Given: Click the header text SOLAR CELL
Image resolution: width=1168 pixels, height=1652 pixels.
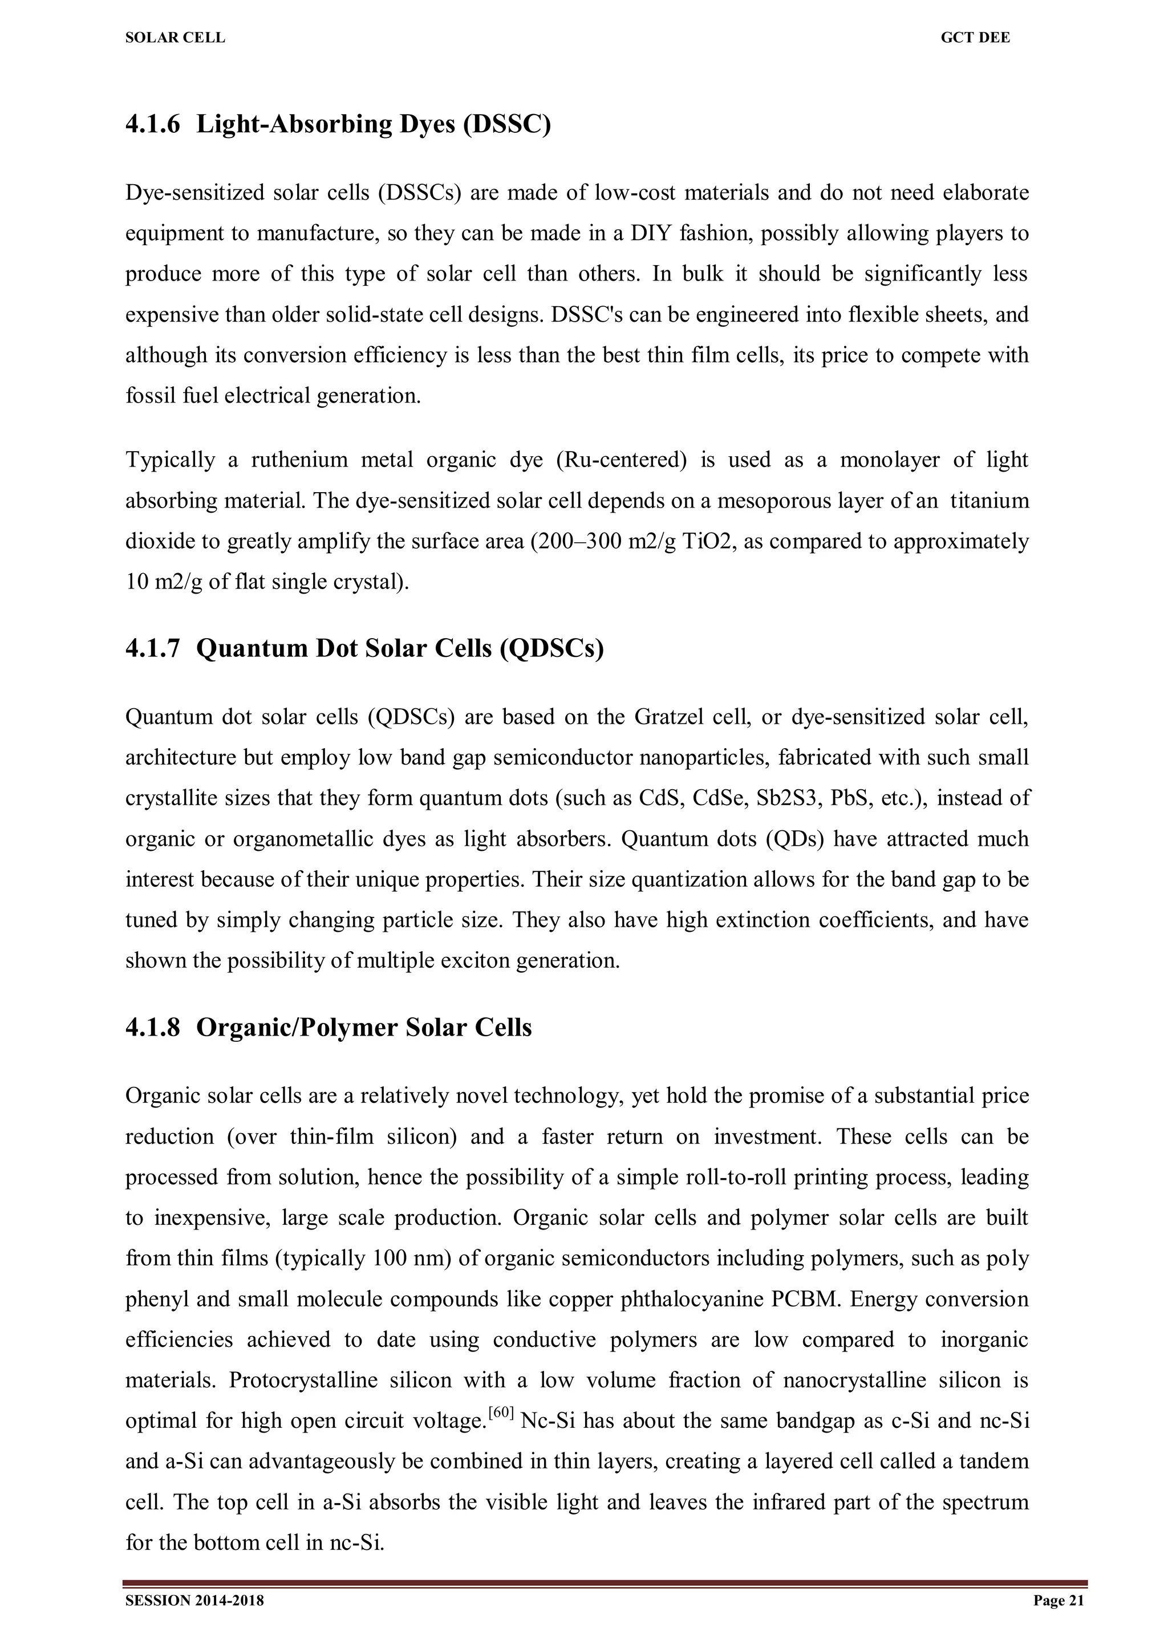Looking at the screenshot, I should coord(175,38).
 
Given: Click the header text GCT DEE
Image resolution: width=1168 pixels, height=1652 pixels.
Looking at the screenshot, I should coord(975,38).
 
